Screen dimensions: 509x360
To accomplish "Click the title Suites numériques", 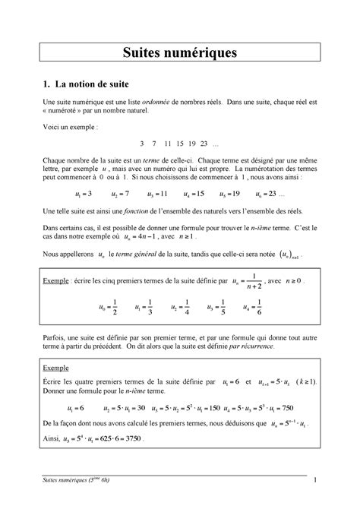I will [x=180, y=52].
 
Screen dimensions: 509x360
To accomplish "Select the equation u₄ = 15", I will [x=192, y=194].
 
